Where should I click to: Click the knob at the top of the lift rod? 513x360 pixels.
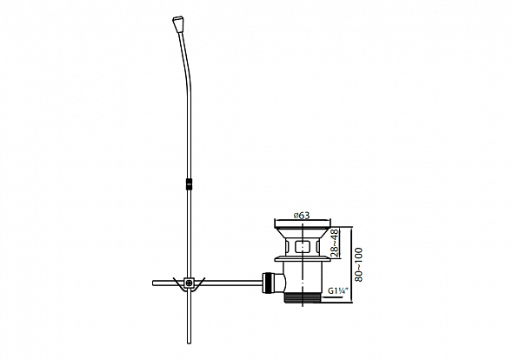177,23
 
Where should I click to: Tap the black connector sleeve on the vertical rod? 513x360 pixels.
189,184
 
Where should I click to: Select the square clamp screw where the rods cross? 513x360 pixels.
189,283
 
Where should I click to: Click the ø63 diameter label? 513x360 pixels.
302,216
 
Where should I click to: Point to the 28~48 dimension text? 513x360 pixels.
335,243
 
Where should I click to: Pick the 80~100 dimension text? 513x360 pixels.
358,264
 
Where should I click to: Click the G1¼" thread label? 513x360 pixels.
337,290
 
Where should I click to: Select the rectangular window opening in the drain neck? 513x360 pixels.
303,246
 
